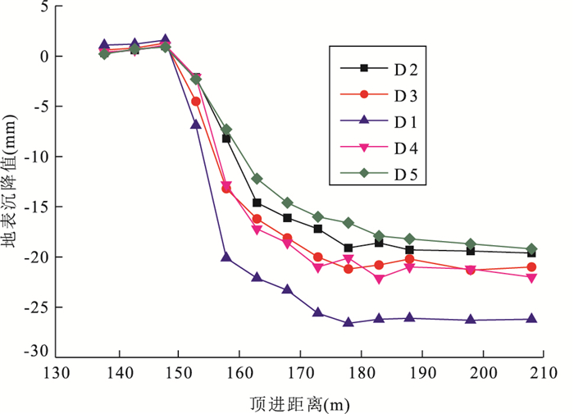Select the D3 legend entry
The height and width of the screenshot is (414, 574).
pyautogui.click(x=385, y=94)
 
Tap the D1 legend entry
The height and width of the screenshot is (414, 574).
pyautogui.click(x=385, y=121)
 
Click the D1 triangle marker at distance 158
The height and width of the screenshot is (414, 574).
pyautogui.click(x=226, y=257)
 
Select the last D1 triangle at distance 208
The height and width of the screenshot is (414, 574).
pyautogui.click(x=531, y=319)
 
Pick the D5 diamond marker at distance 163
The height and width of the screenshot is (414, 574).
pyautogui.click(x=257, y=179)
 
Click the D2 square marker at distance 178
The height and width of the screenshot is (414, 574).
pyautogui.click(x=348, y=248)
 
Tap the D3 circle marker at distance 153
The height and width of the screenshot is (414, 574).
pyautogui.click(x=196, y=102)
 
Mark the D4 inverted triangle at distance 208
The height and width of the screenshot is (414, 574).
pyautogui.click(x=531, y=278)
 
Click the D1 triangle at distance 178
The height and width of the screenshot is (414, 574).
pyautogui.click(x=348, y=323)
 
